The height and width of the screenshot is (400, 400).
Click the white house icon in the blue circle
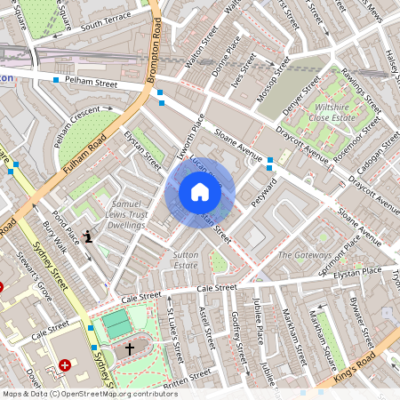click(x=200, y=193)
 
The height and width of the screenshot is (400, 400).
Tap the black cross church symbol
click(x=129, y=349)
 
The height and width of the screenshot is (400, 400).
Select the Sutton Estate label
click(x=185, y=259)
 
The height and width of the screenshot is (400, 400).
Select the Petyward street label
click(x=264, y=195)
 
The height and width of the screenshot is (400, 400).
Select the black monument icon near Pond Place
click(x=87, y=236)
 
